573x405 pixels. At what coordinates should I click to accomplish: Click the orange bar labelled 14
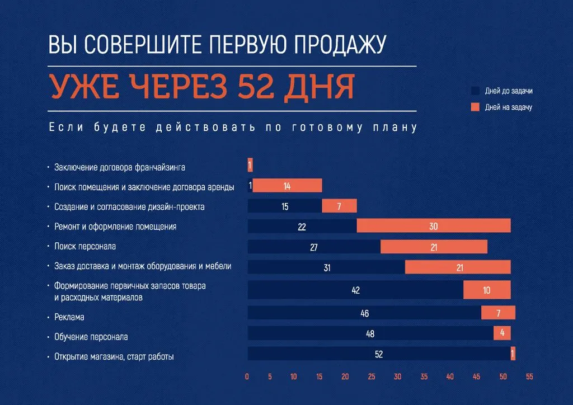tap(287, 186)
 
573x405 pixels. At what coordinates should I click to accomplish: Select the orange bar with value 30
tap(434, 226)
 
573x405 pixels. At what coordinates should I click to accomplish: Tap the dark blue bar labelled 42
tap(355, 290)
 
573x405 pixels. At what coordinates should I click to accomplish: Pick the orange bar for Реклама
tap(498, 313)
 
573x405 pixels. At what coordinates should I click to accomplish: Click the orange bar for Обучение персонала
tap(502, 333)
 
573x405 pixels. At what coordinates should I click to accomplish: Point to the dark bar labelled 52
tap(379, 354)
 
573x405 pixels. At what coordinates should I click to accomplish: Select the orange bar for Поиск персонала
tap(434, 247)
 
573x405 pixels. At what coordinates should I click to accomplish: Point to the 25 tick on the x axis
tap(372, 377)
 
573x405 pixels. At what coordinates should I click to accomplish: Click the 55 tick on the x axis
tap(529, 377)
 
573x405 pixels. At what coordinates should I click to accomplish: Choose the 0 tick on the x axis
tap(247, 377)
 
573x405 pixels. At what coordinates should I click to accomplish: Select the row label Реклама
tap(69, 317)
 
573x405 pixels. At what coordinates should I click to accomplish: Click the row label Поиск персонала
tap(85, 246)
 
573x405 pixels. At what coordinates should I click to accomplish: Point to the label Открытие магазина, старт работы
tap(114, 356)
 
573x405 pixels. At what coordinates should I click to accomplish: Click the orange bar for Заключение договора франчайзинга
tap(250, 165)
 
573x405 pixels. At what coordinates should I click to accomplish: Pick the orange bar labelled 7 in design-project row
tap(339, 206)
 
